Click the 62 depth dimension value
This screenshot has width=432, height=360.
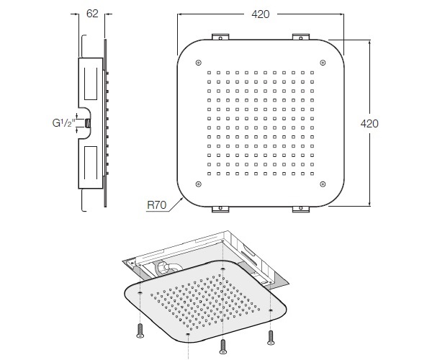pyautogui.click(x=92, y=14)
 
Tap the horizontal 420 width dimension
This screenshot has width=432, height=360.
pyautogui.click(x=261, y=14)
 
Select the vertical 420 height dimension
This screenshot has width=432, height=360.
pyautogui.click(x=369, y=123)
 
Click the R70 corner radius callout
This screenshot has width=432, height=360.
pyautogui.click(x=157, y=205)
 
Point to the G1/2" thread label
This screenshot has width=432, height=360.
pyautogui.click(x=63, y=123)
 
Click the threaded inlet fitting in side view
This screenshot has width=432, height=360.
pyautogui.click(x=88, y=123)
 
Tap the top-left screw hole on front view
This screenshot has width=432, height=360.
pyautogui.click(x=199, y=63)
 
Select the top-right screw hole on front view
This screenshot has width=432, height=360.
pyautogui.click(x=323, y=63)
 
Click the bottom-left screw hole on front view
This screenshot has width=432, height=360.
pyautogui.click(x=199, y=184)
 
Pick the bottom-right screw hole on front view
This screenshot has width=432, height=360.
pyautogui.click(x=323, y=184)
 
